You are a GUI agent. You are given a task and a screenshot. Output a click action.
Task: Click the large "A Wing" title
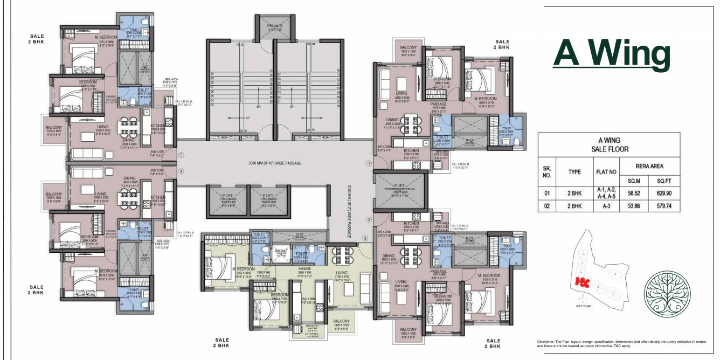(x=612, y=54)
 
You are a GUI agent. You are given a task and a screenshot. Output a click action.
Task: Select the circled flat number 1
(x=369, y=162)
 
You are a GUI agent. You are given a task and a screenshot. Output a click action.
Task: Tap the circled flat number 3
(x=365, y=238)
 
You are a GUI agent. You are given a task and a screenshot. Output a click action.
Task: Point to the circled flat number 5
(x=181, y=155)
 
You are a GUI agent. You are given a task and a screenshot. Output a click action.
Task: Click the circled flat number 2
(x=369, y=219)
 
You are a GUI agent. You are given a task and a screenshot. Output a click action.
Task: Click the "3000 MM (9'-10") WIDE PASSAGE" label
(x=275, y=163)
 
